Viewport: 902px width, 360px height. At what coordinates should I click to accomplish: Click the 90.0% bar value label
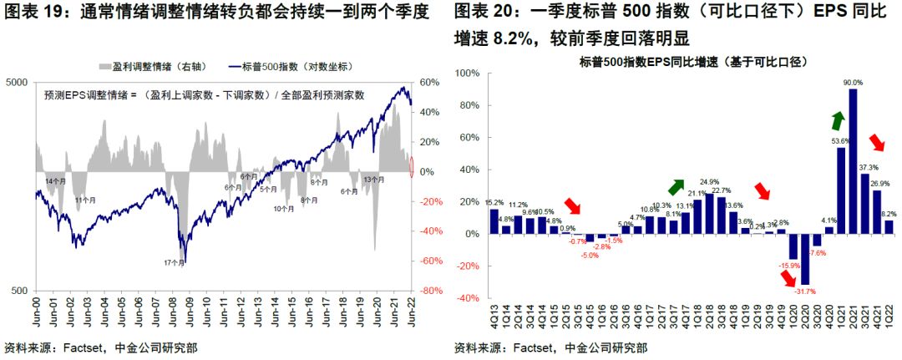click(853, 82)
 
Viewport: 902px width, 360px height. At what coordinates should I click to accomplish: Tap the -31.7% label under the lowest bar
click(805, 291)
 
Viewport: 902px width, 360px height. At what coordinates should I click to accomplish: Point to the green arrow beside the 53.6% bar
click(836, 120)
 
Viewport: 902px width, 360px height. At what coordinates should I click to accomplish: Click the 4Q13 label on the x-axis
click(494, 318)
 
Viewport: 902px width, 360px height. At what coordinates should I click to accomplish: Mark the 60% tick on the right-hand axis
click(429, 83)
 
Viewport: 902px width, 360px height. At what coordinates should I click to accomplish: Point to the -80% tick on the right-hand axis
click(429, 291)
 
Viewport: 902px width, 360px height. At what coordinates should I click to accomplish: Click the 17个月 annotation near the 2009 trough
click(175, 263)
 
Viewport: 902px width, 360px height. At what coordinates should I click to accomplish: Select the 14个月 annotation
click(55, 181)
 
